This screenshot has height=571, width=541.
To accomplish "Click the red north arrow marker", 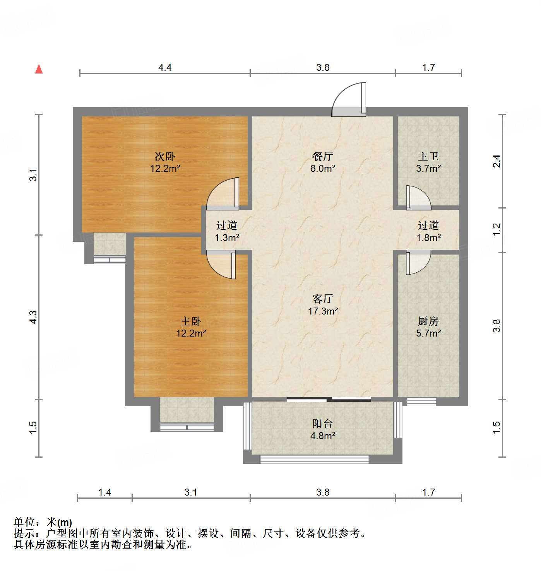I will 39,69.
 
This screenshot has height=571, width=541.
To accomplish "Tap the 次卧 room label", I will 165,156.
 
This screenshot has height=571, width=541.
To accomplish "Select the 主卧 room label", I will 191,321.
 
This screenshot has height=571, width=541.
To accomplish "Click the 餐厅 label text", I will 323,156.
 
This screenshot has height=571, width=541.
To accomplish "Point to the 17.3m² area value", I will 323,311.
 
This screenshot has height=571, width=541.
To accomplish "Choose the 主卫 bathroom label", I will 428,156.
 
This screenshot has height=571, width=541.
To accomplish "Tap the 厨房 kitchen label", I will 428,321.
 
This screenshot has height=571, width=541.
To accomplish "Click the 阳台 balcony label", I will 323,423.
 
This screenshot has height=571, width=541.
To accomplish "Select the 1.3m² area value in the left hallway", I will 227,238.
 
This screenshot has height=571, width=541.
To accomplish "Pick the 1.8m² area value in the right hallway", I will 428,238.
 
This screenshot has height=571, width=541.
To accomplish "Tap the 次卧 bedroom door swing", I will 224,193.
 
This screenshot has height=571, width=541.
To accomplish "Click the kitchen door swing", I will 418,262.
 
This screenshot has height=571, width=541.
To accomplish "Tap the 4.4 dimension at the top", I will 165,67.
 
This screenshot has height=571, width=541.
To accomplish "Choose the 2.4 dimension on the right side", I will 497,161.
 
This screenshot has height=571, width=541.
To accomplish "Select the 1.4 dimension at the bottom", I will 104,492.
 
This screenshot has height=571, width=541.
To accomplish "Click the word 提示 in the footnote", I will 24,533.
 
